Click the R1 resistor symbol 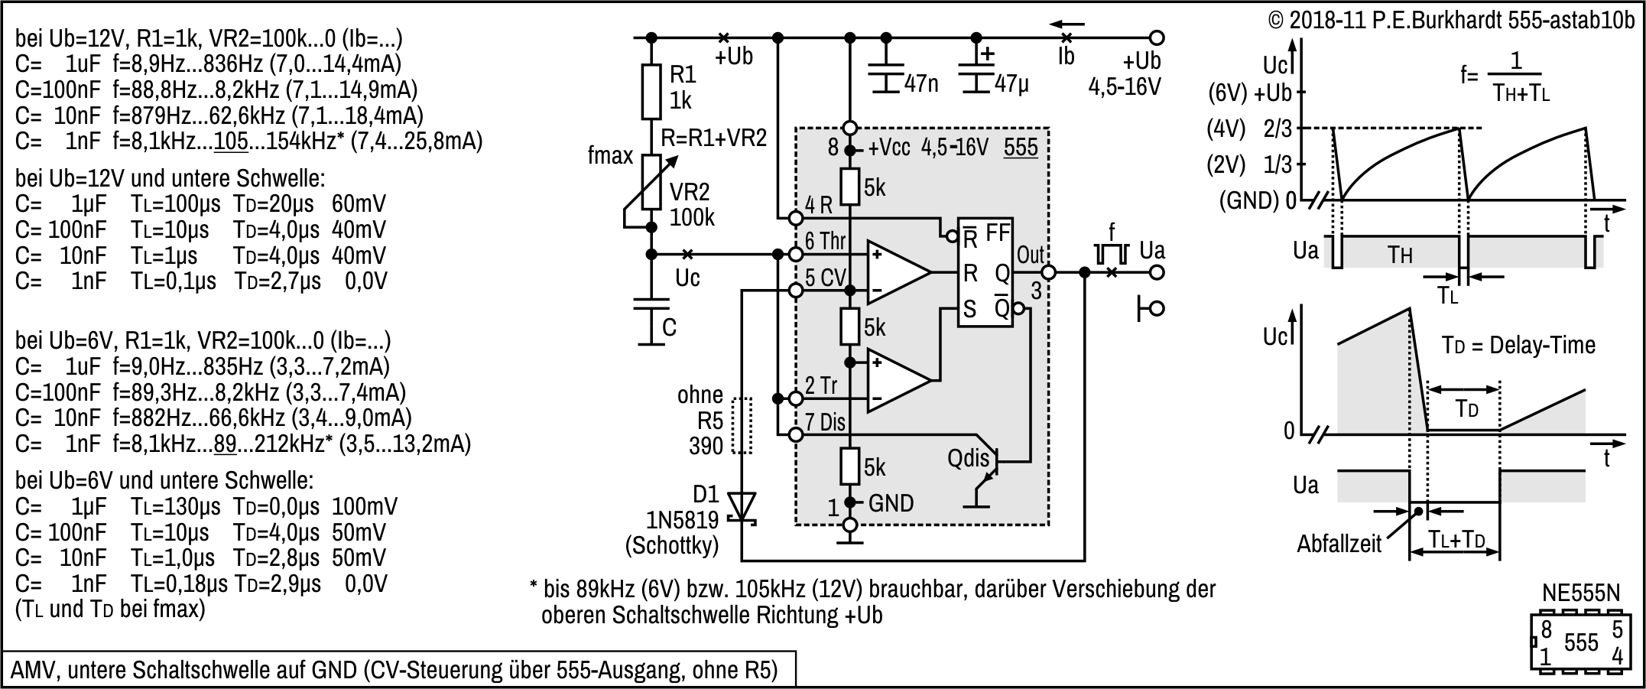[x=651, y=92]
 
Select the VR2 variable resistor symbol [x=651, y=181]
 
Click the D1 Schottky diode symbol [x=741, y=509]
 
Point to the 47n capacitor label [x=920, y=83]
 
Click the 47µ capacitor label [x=1012, y=83]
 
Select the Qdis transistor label [x=968, y=458]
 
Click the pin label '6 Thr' [x=825, y=241]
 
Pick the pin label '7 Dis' [x=825, y=422]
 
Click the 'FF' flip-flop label [x=998, y=232]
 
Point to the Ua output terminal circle [x=1157, y=272]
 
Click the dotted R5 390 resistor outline [x=742, y=425]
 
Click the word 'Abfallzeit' [x=1339, y=544]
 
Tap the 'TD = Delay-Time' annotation [x=1518, y=345]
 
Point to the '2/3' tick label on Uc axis [x=1278, y=128]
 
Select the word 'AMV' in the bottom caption [x=34, y=670]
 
